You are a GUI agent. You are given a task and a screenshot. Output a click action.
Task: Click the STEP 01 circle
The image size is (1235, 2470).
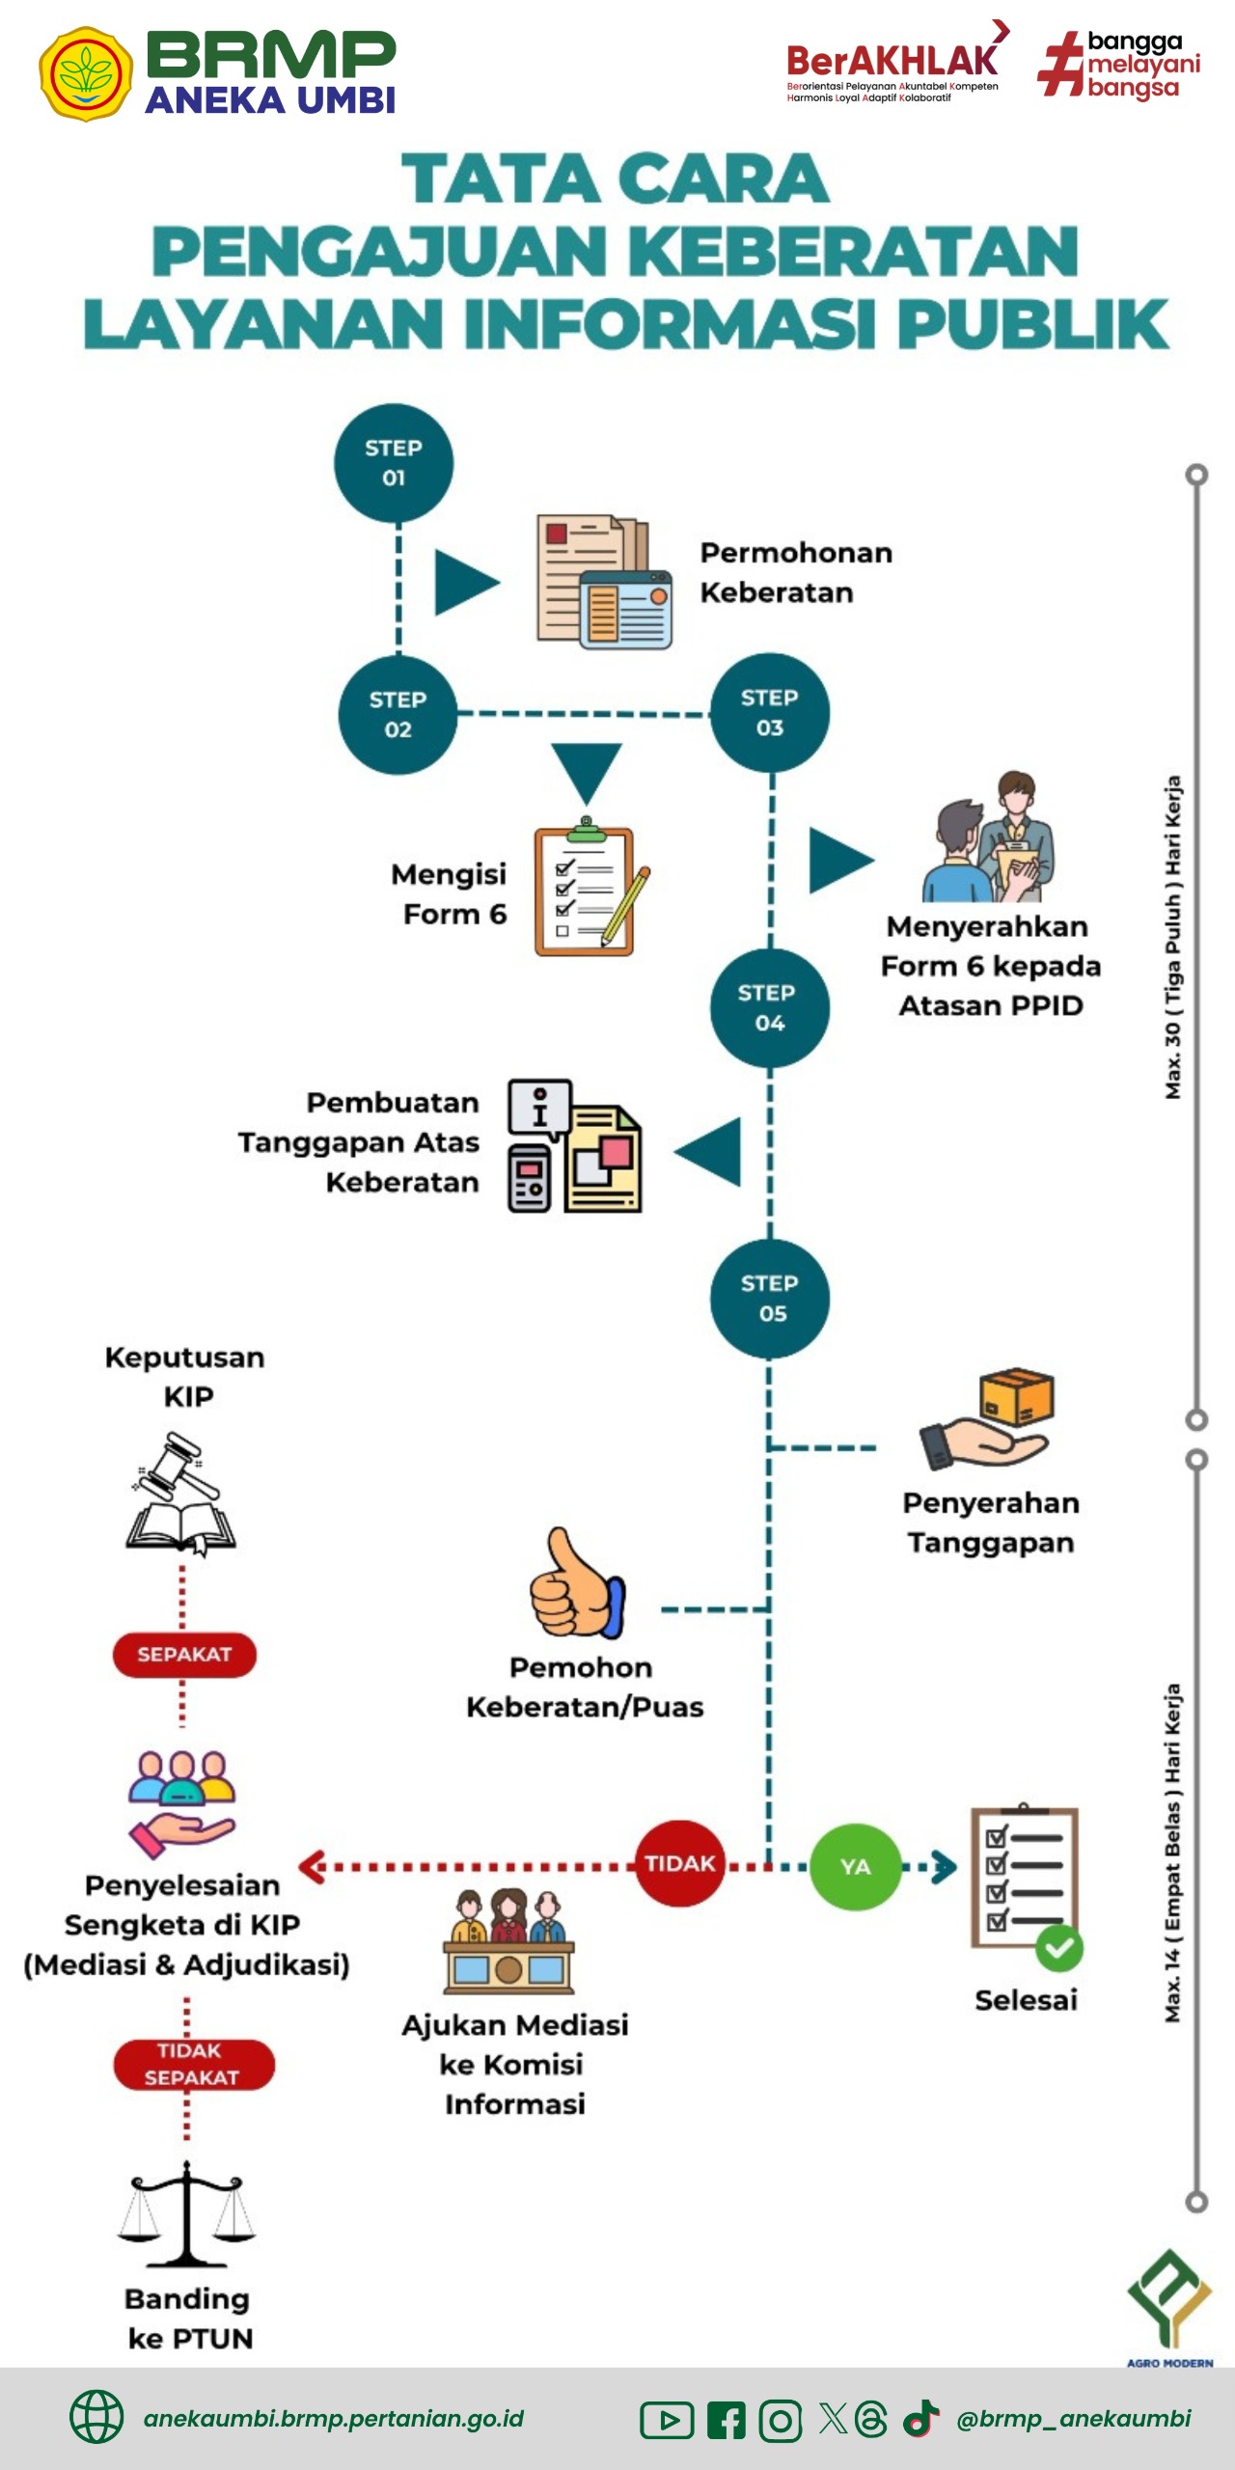tap(394, 463)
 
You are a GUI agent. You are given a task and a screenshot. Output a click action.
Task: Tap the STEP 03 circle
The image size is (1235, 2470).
tap(770, 713)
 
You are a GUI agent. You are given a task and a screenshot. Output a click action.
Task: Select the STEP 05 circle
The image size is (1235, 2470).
tap(770, 1299)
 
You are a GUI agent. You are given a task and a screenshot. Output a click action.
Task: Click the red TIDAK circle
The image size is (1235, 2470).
tap(680, 1863)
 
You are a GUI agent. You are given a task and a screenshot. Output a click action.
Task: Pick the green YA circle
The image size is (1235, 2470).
tap(855, 1867)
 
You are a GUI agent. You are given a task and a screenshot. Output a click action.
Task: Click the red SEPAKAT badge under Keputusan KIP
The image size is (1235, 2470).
tap(184, 1655)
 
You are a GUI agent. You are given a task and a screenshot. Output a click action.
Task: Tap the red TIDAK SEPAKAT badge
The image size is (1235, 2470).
tap(192, 2065)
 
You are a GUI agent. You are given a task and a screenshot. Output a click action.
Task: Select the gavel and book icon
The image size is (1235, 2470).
tap(180, 1492)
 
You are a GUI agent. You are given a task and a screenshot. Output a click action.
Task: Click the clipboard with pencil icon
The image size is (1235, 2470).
tap(589, 889)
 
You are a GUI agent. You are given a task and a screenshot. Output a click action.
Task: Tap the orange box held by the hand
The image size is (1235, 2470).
tap(1016, 1396)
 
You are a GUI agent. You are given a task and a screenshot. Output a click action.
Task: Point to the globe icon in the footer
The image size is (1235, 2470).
tap(96, 2417)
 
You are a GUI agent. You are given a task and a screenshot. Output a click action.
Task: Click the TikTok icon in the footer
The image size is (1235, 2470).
tap(920, 2418)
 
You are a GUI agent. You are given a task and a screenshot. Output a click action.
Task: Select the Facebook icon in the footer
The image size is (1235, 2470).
tap(727, 2420)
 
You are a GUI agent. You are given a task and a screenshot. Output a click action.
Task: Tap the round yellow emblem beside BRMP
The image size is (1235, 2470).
tap(86, 73)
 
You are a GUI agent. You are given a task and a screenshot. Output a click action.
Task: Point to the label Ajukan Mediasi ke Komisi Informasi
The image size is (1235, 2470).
tap(515, 2064)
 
